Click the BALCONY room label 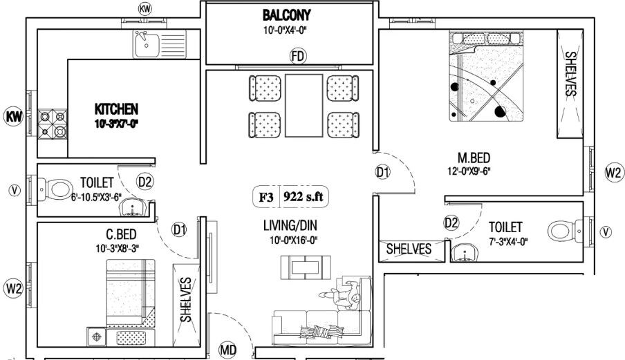point(286,15)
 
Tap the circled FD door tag point(297,55)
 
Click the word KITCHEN point(117,109)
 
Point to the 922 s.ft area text point(305,198)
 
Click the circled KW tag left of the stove point(13,115)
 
